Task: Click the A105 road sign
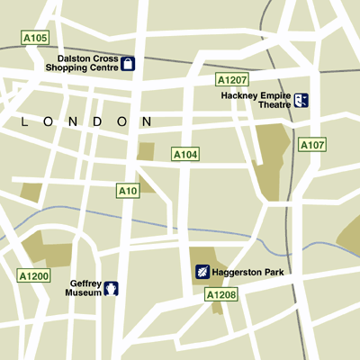pyautogui.click(x=36, y=38)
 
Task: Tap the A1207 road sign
pyautogui.click(x=231, y=79)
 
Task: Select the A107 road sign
pyautogui.click(x=312, y=144)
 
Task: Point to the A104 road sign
pyautogui.click(x=184, y=155)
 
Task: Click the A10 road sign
pyautogui.click(x=128, y=191)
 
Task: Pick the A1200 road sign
pyautogui.click(x=36, y=275)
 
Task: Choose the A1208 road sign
pyautogui.click(x=220, y=294)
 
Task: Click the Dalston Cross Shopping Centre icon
pyautogui.click(x=128, y=63)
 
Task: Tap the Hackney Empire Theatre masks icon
pyautogui.click(x=301, y=100)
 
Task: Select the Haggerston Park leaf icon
pyautogui.click(x=203, y=271)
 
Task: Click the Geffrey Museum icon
pyautogui.click(x=112, y=289)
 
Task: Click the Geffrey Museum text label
pyautogui.click(x=85, y=288)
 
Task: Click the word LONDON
pyautogui.click(x=85, y=121)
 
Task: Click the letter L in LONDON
pyautogui.click(x=23, y=121)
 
